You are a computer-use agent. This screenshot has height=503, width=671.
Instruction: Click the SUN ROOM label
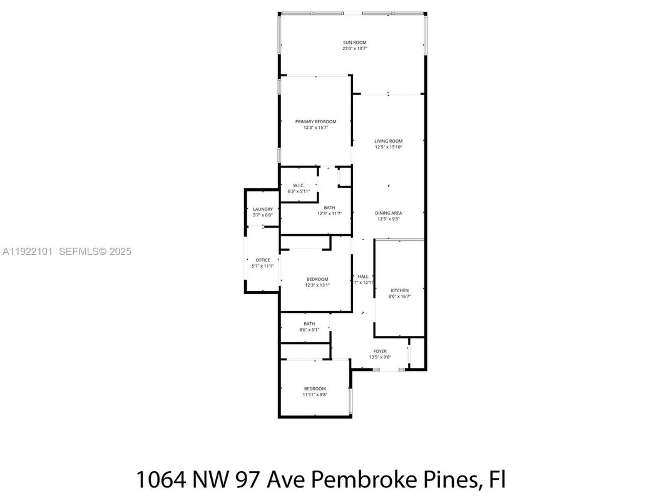(354, 43)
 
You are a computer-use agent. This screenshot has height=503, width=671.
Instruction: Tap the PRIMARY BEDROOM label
(316, 121)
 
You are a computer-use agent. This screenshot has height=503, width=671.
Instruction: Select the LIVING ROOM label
(389, 141)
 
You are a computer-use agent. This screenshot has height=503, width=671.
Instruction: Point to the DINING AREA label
(389, 213)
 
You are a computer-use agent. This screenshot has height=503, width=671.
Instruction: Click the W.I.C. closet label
(299, 185)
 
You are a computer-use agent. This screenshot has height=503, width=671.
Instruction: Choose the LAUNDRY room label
(263, 209)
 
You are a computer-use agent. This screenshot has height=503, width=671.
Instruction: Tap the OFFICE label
(263, 260)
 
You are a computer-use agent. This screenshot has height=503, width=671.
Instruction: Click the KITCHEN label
(400, 290)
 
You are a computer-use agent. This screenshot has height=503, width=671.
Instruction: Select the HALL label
(363, 276)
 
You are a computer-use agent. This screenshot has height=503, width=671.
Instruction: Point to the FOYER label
(380, 352)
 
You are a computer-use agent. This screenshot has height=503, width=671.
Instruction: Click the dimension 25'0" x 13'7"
(354, 49)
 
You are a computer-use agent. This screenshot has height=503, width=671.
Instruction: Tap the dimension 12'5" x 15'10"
(389, 148)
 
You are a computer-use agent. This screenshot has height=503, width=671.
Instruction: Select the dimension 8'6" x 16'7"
(400, 297)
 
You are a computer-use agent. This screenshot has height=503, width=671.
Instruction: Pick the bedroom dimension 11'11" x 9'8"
(315, 395)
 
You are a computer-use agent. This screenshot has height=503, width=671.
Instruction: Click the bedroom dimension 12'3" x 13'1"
(317, 285)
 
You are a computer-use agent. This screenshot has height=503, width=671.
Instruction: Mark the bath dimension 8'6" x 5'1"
(309, 330)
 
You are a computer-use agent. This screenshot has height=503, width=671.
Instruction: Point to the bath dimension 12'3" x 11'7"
(330, 214)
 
